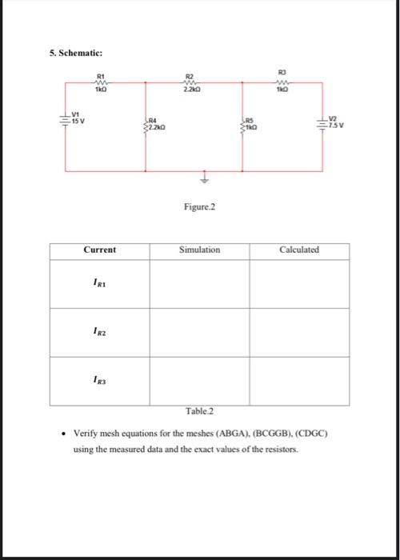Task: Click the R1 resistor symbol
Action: pyautogui.click(x=101, y=82)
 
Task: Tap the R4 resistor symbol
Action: pyautogui.click(x=145, y=126)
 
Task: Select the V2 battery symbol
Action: pyautogui.click(x=323, y=123)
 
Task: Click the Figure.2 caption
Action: pyautogui.click(x=199, y=207)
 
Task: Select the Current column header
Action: pyautogui.click(x=100, y=250)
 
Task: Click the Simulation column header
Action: pyautogui.click(x=199, y=250)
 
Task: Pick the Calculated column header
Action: pyautogui.click(x=299, y=250)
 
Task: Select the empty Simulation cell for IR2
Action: pyautogui.click(x=199, y=331)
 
